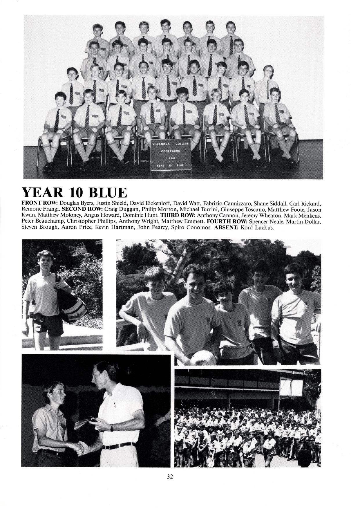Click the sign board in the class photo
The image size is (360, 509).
coord(171,155)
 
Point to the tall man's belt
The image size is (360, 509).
coord(119,446)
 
